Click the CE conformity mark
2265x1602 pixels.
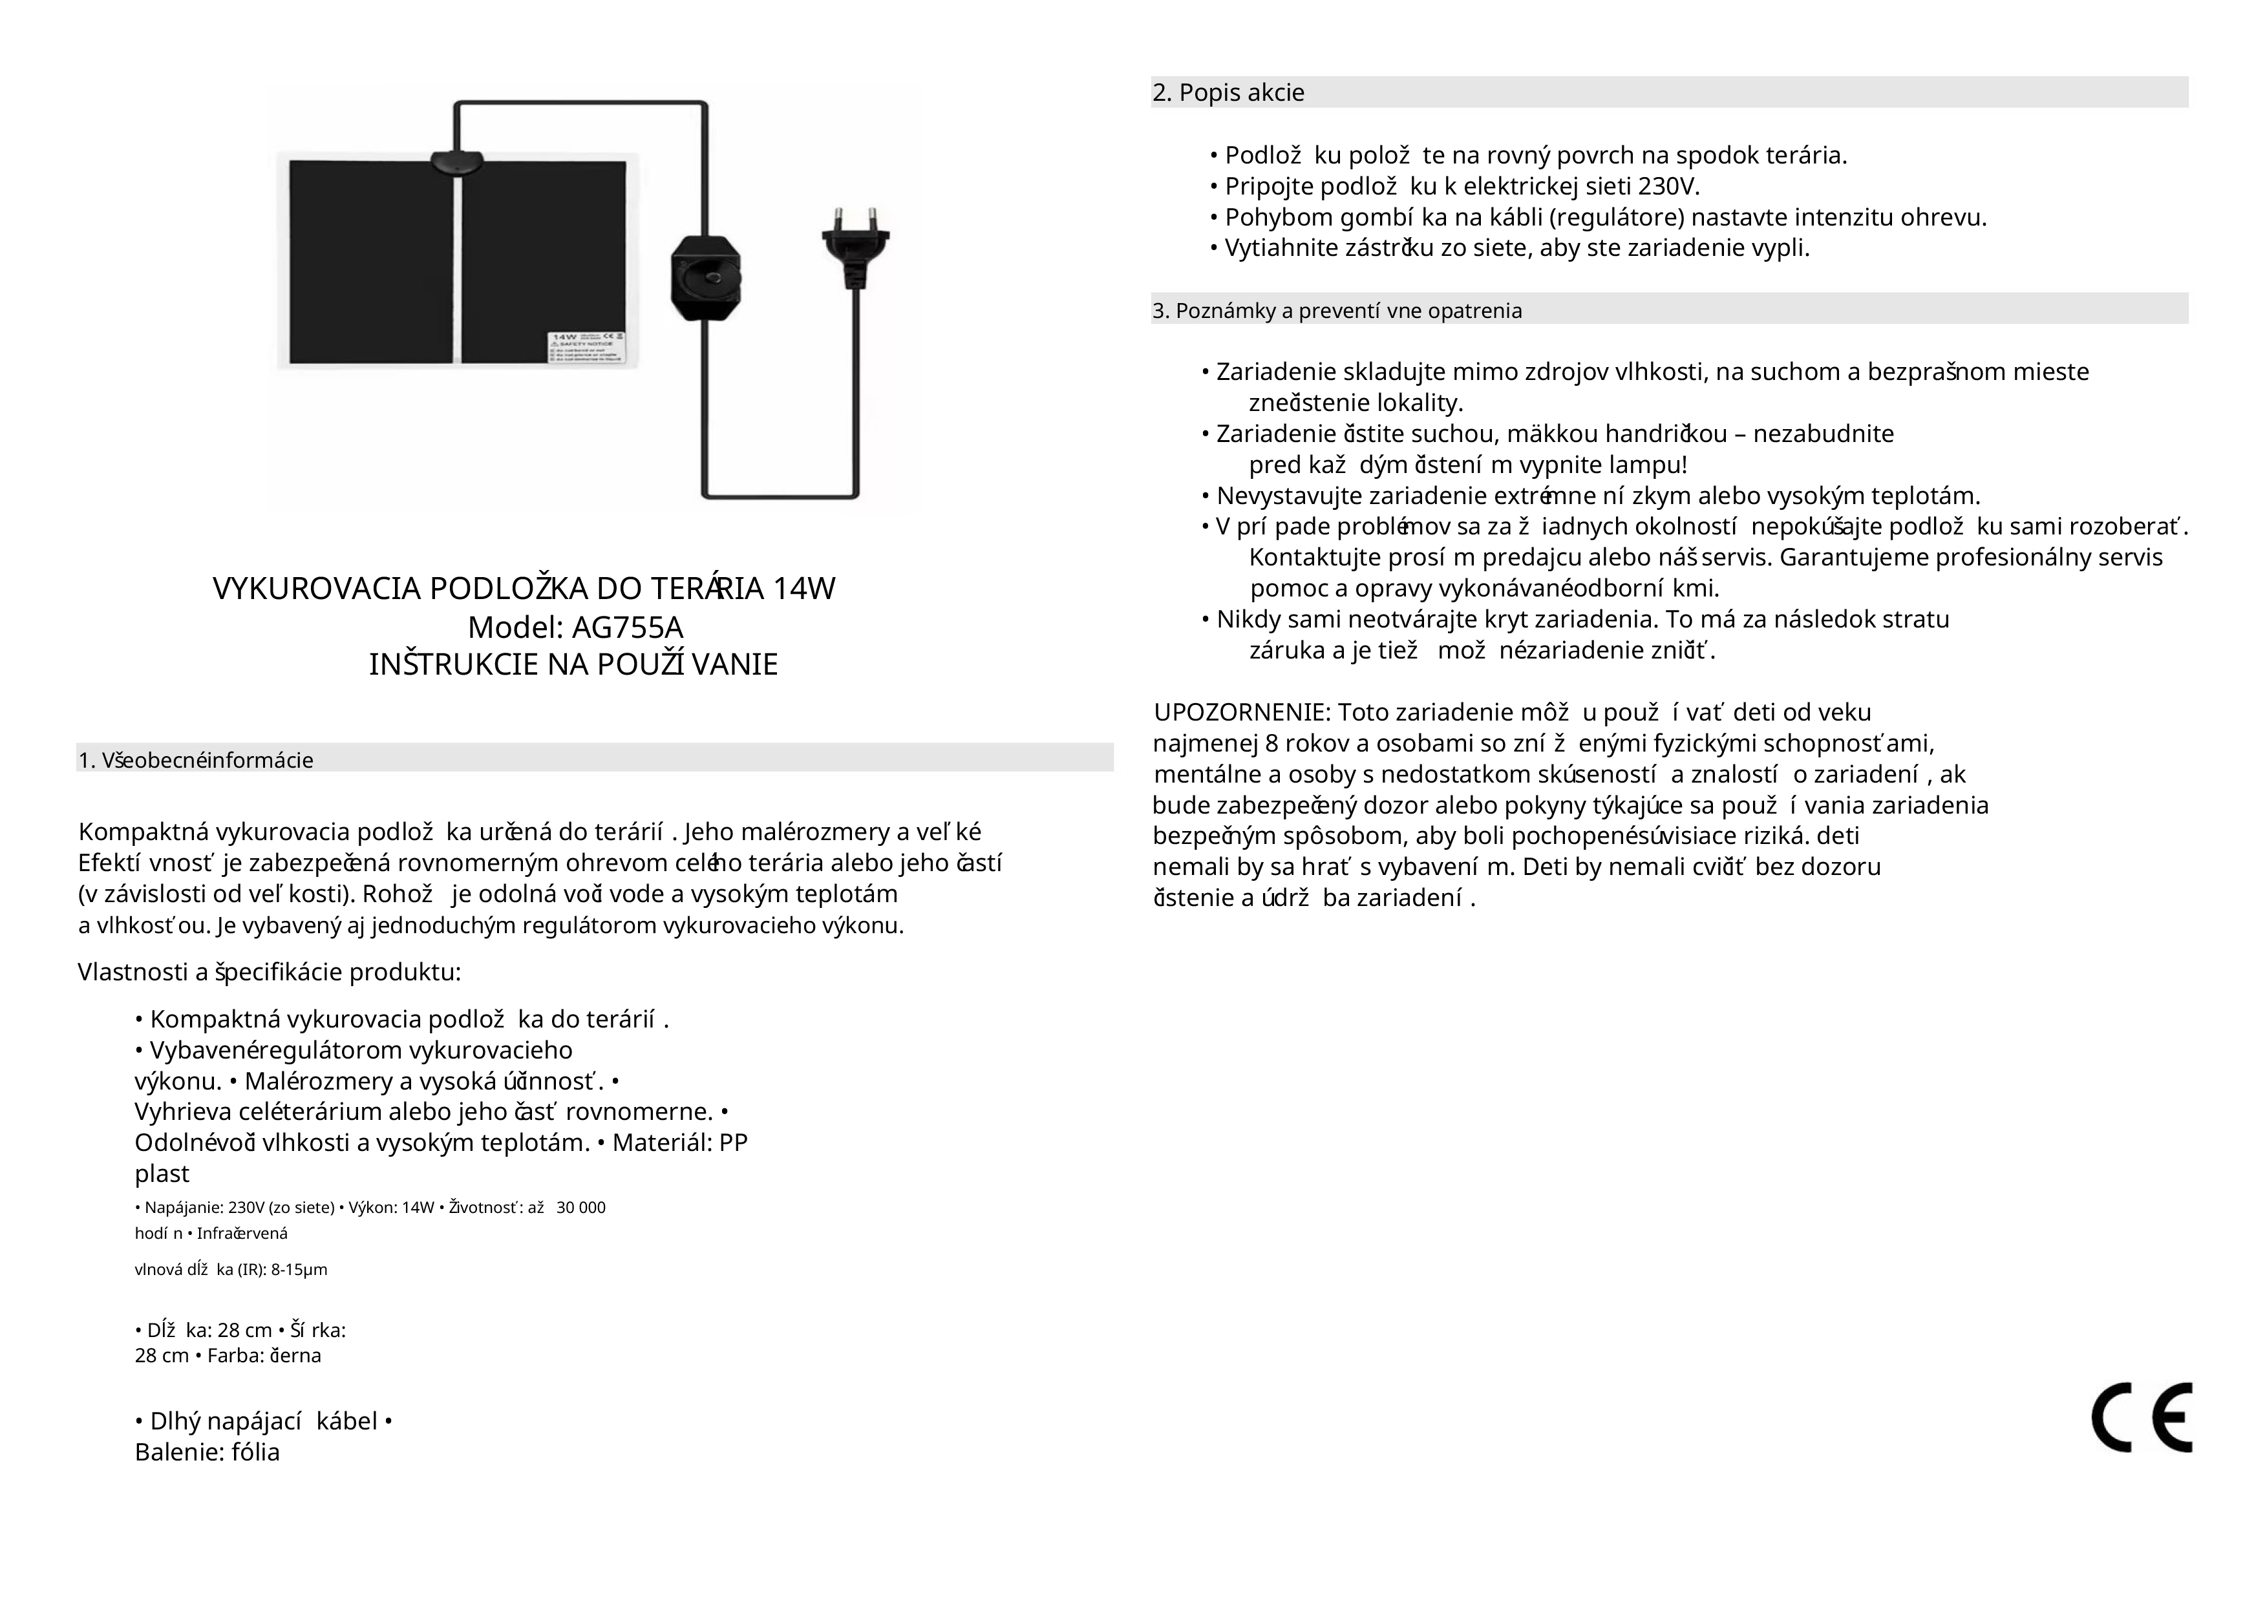[2141, 1418]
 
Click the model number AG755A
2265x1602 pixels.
[628, 627]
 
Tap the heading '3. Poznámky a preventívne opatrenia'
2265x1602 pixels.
[1337, 311]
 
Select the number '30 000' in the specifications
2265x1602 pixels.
[581, 1207]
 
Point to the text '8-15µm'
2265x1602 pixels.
[299, 1270]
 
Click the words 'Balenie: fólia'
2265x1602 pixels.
[207, 1452]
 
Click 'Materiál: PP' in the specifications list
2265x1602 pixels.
[680, 1143]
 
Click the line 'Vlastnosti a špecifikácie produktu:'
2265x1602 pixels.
[270, 973]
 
